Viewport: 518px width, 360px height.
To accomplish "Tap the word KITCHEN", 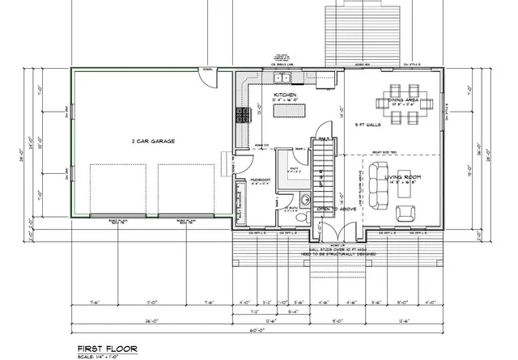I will coord(287,95).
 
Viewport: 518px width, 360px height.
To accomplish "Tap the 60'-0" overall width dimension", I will coord(257,330).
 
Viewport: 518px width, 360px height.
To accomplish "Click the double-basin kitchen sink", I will coord(283,78).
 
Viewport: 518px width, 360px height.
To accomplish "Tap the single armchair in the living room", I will coord(406,212).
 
